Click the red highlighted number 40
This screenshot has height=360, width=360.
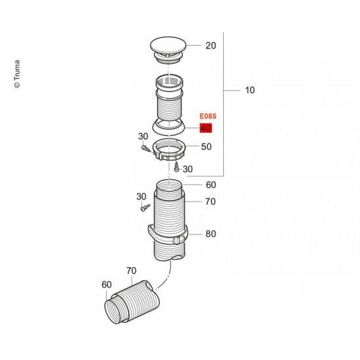[206, 128]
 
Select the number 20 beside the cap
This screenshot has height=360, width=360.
[210, 46]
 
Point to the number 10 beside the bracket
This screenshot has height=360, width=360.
[249, 90]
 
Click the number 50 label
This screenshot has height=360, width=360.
[206, 147]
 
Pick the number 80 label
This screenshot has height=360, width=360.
[210, 234]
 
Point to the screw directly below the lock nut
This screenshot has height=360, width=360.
[176, 168]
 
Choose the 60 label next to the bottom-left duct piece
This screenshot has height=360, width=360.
[107, 285]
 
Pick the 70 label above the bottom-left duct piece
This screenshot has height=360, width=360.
[131, 270]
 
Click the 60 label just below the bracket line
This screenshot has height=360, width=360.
[210, 185]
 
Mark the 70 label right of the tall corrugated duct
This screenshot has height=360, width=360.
[210, 202]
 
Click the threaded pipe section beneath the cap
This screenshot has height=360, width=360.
[170, 98]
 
